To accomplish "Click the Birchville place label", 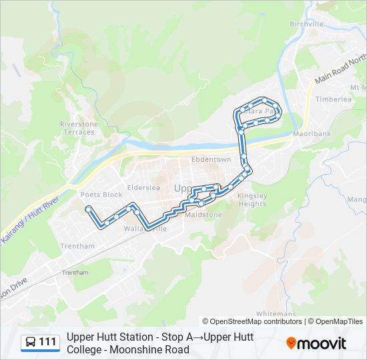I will point(306,24).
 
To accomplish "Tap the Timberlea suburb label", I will point(334,99).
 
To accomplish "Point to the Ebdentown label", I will point(211,160).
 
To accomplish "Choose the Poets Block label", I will point(101,195).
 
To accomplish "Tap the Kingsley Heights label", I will point(252,200).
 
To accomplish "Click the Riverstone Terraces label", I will point(79,128).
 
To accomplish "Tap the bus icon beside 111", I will point(31,342).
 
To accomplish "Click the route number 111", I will point(48,342).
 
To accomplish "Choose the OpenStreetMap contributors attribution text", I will point(252,321).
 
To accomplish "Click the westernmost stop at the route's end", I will point(87,209).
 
